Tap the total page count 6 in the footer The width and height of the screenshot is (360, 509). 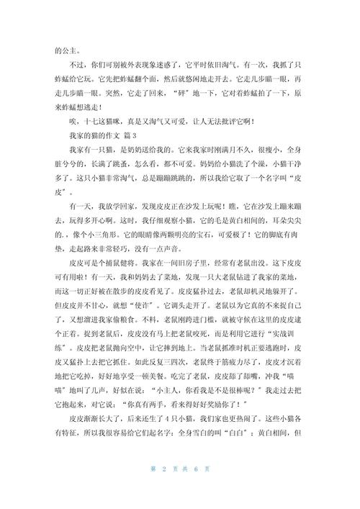point(196,489)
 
